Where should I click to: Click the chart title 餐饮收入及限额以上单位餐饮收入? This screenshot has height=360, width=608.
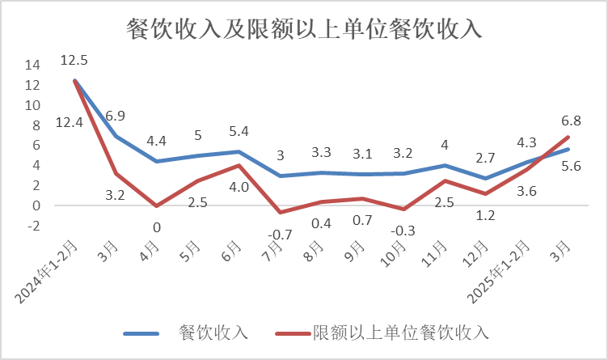tap(304, 29)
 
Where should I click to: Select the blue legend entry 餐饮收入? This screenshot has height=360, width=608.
tap(213, 332)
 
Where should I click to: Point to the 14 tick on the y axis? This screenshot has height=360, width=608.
tap(32, 65)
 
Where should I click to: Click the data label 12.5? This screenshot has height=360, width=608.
tap(74, 60)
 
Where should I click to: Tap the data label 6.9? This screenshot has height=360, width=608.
tap(115, 116)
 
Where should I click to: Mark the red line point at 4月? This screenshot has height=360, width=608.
tap(157, 206)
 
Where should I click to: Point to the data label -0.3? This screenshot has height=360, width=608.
tap(403, 231)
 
